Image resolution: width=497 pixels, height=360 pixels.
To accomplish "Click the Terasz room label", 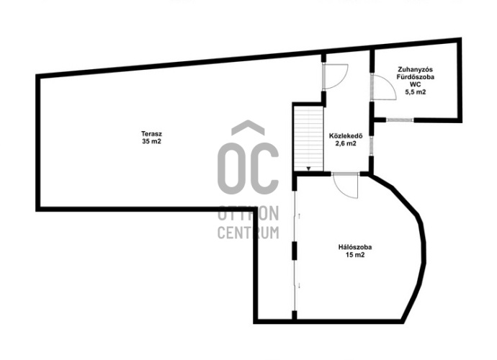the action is [x=151, y=134].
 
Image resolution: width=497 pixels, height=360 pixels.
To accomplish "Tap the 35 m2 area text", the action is [x=151, y=141].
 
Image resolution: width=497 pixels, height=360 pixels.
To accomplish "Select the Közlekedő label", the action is [x=346, y=136].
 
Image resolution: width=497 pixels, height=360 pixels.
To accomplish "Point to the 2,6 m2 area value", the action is [x=346, y=143].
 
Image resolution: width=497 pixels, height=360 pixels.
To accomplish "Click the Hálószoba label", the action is [x=355, y=247].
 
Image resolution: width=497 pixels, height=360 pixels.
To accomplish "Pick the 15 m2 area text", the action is [x=355, y=255].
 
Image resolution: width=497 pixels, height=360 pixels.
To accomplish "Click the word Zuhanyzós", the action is [x=415, y=69].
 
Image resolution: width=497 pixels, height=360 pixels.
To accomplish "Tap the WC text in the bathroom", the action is [x=415, y=84].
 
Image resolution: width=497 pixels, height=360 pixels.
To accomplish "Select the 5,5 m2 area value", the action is [x=415, y=92].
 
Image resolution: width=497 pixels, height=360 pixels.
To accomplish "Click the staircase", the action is [x=308, y=138].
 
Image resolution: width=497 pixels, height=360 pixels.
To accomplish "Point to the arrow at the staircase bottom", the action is [x=308, y=169].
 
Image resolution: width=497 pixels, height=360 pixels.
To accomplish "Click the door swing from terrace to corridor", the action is [x=336, y=76].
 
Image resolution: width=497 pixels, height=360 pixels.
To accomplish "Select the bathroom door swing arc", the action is [x=384, y=88].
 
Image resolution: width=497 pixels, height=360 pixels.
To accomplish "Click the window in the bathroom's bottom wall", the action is [x=400, y=120].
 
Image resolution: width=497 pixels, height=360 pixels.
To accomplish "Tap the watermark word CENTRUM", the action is [x=248, y=233].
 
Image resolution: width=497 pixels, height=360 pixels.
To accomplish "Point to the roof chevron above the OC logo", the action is [x=248, y=127].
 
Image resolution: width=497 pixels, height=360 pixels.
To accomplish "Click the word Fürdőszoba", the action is [x=415, y=77].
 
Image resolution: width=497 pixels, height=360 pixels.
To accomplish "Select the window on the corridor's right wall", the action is [x=372, y=145].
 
